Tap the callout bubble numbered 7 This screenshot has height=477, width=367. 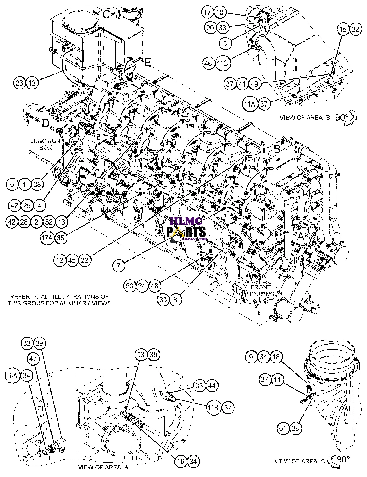(119, 265)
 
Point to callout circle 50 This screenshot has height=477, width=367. (130, 286)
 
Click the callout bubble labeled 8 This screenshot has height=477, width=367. (175, 300)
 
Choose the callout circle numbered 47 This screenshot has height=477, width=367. (33, 359)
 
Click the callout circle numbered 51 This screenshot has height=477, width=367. (283, 428)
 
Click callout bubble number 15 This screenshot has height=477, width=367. (343, 29)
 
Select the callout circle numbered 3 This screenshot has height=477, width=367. (225, 43)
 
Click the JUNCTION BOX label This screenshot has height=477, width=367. (45, 144)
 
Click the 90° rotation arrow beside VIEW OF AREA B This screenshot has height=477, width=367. (351, 118)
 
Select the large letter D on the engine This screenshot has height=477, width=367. (46, 123)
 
